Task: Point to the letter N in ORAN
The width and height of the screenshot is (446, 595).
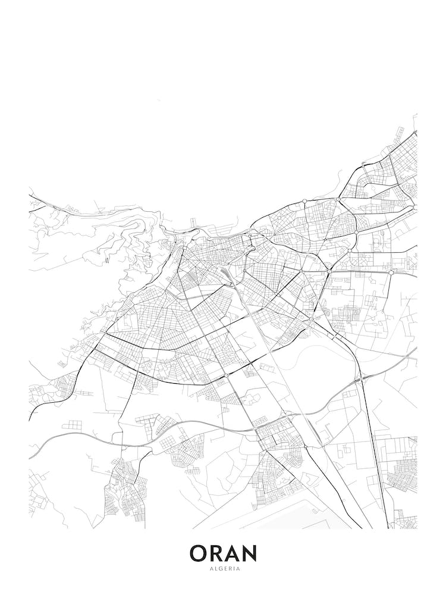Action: coord(250,553)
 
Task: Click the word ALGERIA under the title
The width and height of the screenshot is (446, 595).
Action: coord(223,568)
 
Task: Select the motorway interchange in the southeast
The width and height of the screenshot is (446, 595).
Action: coord(360,378)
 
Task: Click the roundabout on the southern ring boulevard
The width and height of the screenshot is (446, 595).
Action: coord(227,376)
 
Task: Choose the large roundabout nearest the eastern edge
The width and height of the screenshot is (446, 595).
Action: coord(391,272)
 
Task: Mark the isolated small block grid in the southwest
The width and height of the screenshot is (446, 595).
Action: coord(74,425)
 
